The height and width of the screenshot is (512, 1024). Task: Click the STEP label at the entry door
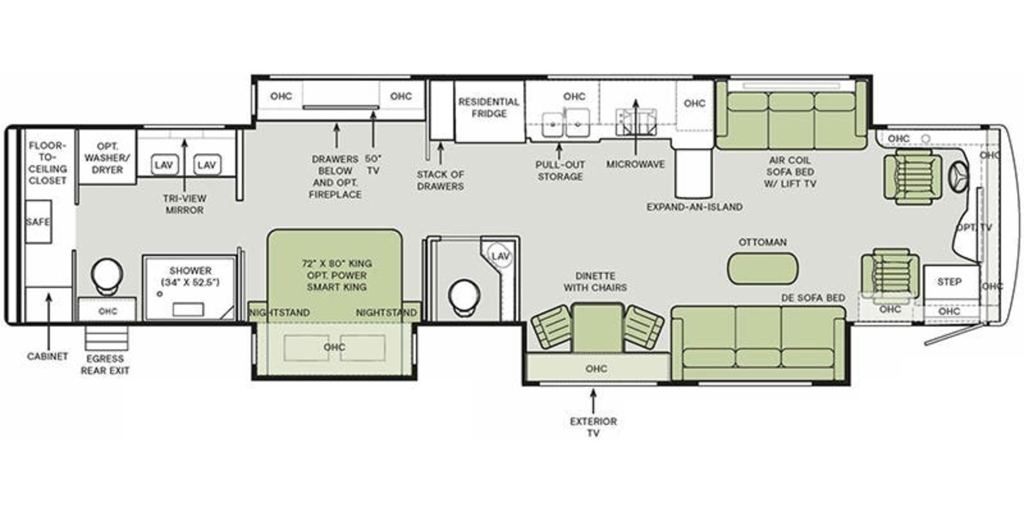949,282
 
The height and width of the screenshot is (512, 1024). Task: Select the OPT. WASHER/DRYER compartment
107,158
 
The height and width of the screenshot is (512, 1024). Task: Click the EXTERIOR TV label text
593,427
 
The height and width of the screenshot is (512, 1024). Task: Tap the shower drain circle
160,294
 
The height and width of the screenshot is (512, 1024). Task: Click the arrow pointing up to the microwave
636,127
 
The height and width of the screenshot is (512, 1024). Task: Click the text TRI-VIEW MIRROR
185,204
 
